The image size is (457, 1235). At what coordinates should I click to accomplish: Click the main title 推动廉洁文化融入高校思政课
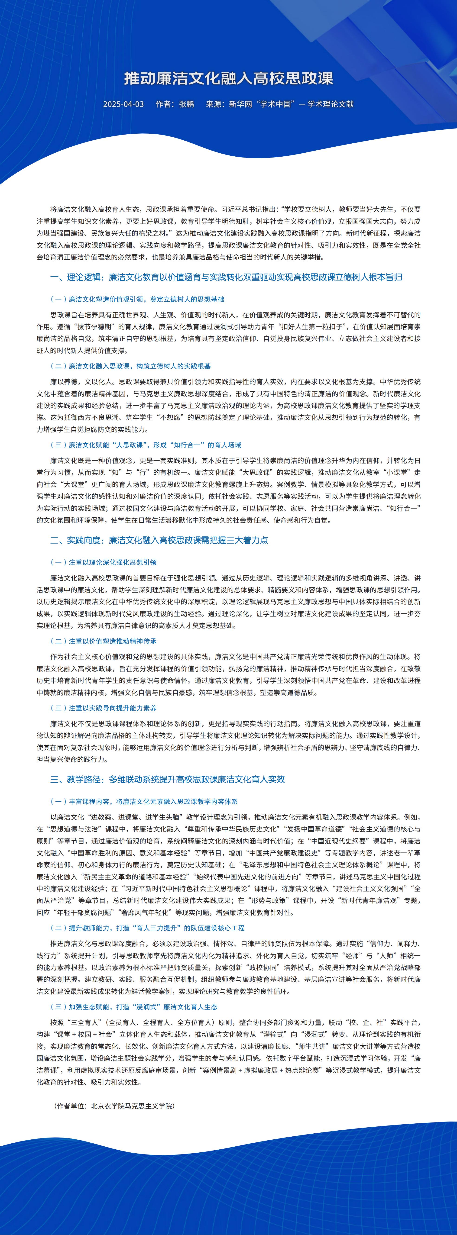pyautogui.click(x=228, y=78)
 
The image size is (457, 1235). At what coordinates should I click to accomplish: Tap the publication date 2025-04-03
pyautogui.click(x=123, y=104)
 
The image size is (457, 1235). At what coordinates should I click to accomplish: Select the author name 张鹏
pyautogui.click(x=187, y=104)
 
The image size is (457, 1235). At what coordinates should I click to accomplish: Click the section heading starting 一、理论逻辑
pyautogui.click(x=226, y=277)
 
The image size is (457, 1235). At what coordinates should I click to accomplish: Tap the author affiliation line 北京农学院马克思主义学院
pyautogui.click(x=115, y=1106)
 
